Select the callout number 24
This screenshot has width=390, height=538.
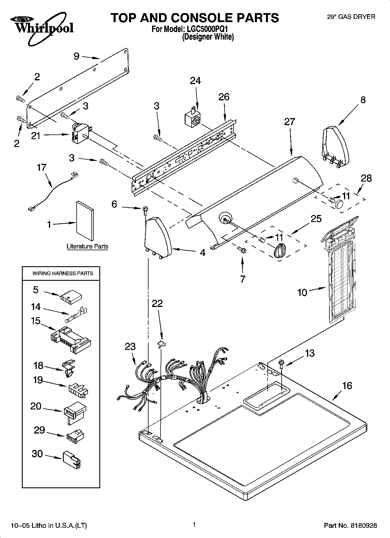pyautogui.click(x=195, y=81)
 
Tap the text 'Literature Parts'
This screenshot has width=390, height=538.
pyautogui.click(x=87, y=246)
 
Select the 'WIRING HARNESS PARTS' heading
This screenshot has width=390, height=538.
pyautogui.click(x=63, y=274)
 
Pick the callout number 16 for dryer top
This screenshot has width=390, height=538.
pyautogui.click(x=347, y=386)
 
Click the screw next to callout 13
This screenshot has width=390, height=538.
pyautogui.click(x=282, y=364)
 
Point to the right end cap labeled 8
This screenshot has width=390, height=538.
pyautogui.click(x=336, y=147)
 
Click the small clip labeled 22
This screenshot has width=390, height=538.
pyautogui.click(x=162, y=344)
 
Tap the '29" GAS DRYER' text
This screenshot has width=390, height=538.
pyautogui.click(x=351, y=17)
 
